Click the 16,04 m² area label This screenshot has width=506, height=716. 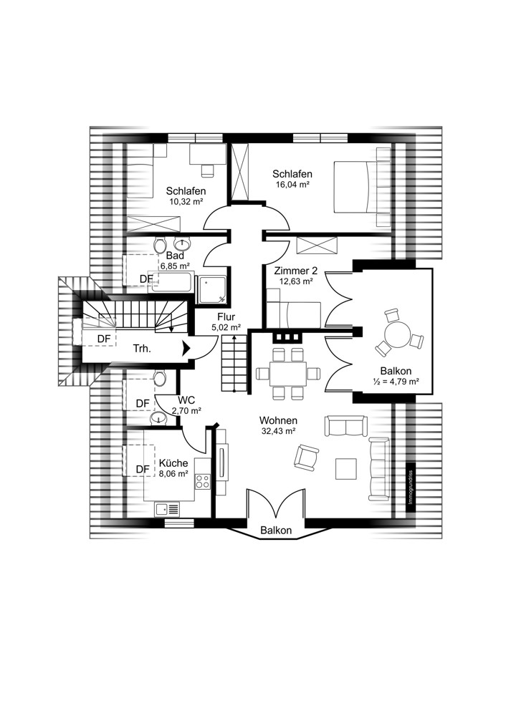point(292,185)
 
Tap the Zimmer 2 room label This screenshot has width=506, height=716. point(296,271)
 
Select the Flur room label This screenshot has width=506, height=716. point(226,317)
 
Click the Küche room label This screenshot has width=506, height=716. point(173,463)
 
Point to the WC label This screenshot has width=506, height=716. point(186,400)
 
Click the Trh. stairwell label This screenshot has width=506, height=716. point(142,349)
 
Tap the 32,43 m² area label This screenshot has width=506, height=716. point(278,430)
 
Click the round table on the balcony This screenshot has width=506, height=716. point(397,334)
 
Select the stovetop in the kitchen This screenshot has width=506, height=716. point(203,480)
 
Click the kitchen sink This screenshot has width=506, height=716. point(167,508)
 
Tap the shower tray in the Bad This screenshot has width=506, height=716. point(211,289)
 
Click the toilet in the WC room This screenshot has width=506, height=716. point(159,378)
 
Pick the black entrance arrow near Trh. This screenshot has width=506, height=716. point(186,349)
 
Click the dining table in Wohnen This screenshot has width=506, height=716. point(287,374)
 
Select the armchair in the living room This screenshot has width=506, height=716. point(306,458)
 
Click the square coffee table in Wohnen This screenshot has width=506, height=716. point(346,469)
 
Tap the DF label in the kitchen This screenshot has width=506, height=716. point(143,469)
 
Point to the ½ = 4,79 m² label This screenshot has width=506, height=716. point(396,382)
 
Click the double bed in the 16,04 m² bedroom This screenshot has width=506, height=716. point(356,186)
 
